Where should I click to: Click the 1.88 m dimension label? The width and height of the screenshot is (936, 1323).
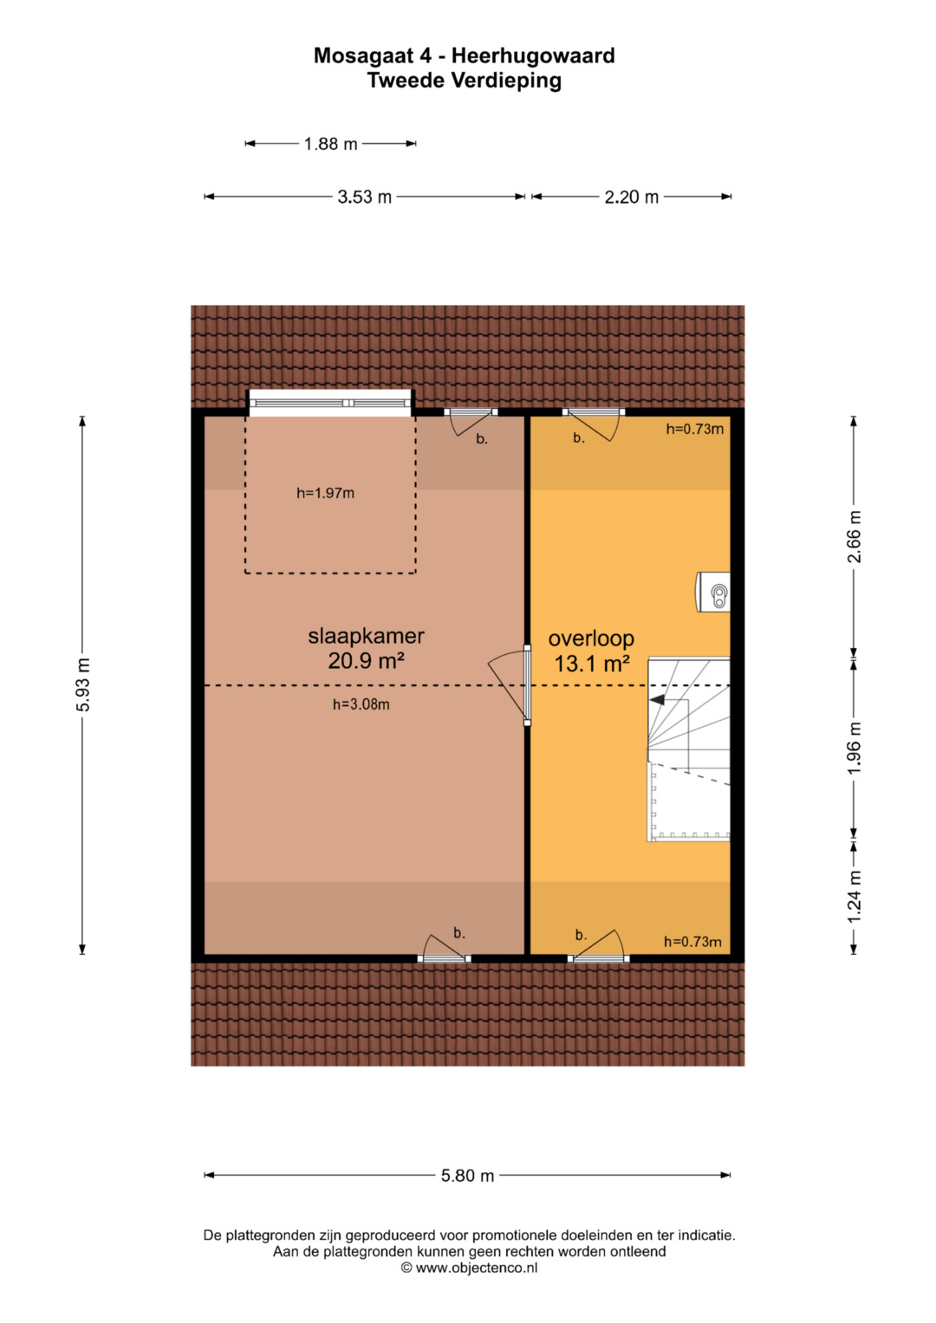(x=330, y=144)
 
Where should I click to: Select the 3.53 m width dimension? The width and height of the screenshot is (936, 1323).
(x=364, y=197)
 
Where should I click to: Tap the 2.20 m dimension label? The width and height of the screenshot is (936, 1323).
(x=631, y=197)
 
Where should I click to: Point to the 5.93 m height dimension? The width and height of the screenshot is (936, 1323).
(x=83, y=684)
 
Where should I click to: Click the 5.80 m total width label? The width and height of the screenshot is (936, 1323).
(x=467, y=1176)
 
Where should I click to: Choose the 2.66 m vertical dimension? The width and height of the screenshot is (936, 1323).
(x=855, y=536)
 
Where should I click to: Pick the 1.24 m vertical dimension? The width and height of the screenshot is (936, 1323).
(x=855, y=897)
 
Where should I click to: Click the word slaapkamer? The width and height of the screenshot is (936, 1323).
(x=366, y=636)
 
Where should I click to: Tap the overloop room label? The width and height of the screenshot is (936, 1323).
(x=591, y=639)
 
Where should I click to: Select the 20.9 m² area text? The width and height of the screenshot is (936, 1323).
(x=366, y=661)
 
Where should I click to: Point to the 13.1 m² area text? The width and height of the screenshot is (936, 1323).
(x=591, y=664)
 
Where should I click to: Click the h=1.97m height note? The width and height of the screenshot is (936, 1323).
(x=325, y=493)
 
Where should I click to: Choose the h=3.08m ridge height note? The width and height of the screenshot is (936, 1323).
(x=361, y=704)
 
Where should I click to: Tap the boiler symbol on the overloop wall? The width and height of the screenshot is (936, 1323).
(x=713, y=592)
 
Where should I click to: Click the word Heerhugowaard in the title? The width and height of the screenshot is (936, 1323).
(x=533, y=56)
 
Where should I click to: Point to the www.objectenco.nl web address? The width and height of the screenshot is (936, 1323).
(x=477, y=1268)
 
